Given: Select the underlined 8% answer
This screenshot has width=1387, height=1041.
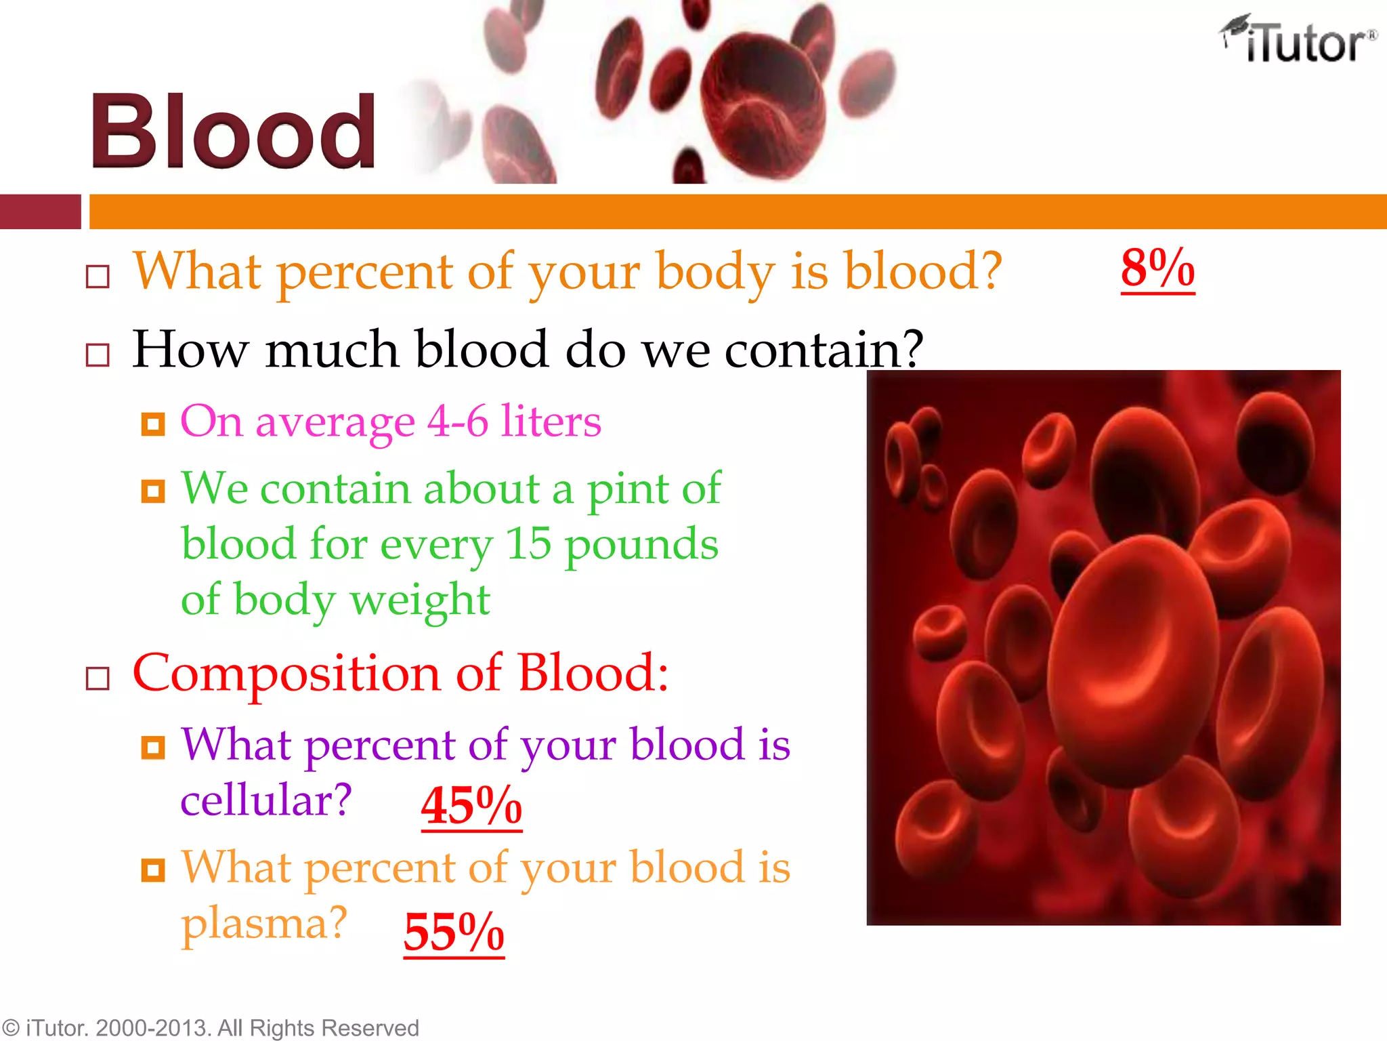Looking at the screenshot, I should tap(1157, 269).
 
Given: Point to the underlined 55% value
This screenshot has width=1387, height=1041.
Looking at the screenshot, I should tap(454, 933).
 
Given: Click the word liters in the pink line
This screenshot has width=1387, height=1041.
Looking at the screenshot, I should tap(551, 422).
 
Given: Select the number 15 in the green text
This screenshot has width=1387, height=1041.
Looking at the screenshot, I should tap(528, 544).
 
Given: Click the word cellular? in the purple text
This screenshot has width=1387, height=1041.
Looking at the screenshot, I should tap(266, 800).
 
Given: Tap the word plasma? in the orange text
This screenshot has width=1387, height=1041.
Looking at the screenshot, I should tap(264, 923).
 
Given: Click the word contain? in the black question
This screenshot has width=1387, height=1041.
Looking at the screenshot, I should tap(824, 350).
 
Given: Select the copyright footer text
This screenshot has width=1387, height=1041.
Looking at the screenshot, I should tap(210, 1027).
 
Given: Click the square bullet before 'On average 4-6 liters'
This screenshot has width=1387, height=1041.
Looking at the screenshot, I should tap(153, 424).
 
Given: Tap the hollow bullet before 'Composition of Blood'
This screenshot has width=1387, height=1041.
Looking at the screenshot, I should tap(98, 678).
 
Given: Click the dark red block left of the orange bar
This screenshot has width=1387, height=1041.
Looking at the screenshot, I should tap(40, 211).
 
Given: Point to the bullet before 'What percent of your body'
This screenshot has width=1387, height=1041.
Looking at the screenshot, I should tap(98, 277).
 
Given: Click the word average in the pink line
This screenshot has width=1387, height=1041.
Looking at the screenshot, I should tap(335, 423).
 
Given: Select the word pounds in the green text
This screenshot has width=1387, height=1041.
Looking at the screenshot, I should tap(641, 545).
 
